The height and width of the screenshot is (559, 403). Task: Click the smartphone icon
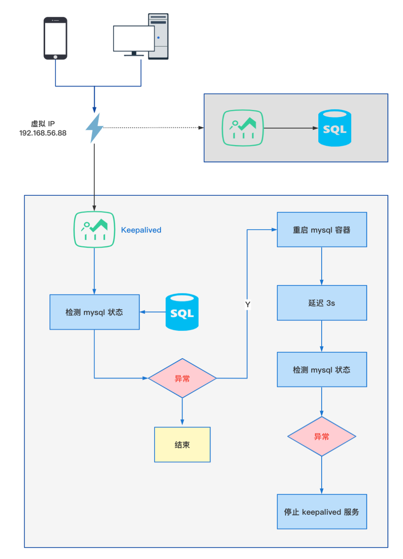55,38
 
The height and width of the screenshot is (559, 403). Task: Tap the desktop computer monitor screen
134,38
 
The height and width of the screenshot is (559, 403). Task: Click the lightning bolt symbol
94,128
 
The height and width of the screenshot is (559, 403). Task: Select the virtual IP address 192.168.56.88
43,133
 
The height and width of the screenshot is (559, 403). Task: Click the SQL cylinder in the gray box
334,128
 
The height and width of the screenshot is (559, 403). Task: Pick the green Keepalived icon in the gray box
243,128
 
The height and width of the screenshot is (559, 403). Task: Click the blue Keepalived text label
141,230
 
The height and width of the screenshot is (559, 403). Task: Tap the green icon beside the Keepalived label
94,230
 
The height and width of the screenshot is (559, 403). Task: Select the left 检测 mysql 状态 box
94,312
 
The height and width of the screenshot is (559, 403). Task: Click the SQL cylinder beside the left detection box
182,312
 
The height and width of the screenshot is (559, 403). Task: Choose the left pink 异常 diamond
182,378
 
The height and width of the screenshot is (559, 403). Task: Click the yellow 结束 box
182,445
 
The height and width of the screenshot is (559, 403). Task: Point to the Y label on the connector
247,304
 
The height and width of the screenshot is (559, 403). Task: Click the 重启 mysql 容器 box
322,230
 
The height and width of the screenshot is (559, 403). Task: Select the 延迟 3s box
322,303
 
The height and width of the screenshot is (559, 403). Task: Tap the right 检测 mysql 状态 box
322,370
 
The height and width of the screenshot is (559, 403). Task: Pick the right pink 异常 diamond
322,436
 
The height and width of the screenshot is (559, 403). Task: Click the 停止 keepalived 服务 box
322,512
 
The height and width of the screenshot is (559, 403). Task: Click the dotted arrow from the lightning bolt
153,127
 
